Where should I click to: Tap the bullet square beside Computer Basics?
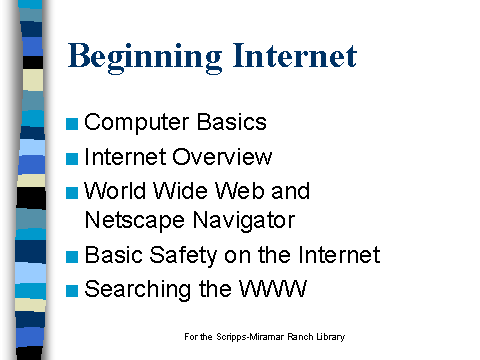pyautogui.click(x=72, y=125)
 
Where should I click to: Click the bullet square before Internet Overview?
pyautogui.click(x=72, y=159)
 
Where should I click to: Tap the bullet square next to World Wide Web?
pyautogui.click(x=72, y=193)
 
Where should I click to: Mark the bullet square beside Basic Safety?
pyautogui.click(x=72, y=257)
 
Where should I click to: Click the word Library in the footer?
pyautogui.click(x=329, y=337)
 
